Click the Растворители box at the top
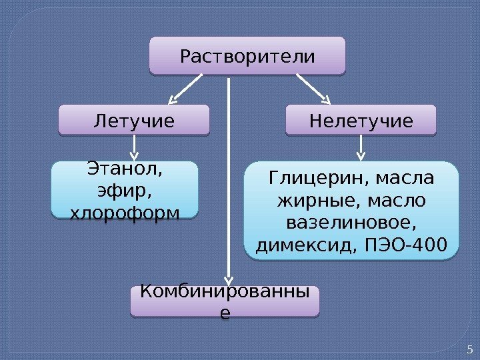coord(247,55)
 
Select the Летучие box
coord(134,121)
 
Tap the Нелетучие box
coord(360,121)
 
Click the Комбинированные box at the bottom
coord(225,301)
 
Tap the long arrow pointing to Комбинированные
coord(229,180)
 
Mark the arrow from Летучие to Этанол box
coord(135,147)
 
